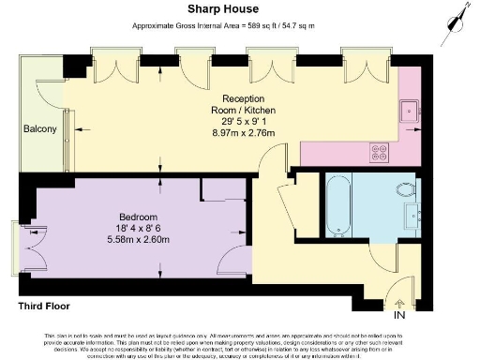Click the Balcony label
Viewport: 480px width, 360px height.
pos(40,128)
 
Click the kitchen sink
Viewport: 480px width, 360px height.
pos(411,112)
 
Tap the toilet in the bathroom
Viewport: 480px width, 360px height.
pos(408,189)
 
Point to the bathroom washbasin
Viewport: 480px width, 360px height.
pos(412,218)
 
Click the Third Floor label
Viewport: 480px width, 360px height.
pos(46,306)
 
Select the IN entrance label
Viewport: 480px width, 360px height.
pos(400,315)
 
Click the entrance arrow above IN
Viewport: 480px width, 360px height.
pos(400,302)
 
